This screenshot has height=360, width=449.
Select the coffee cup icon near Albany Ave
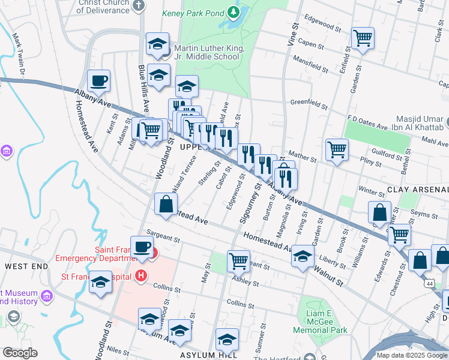point(98,80)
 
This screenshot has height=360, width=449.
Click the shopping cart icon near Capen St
point(363,38)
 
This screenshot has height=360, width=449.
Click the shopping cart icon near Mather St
point(337,149)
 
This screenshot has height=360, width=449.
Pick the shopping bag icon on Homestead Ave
point(165,204)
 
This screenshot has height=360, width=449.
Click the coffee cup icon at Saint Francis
point(142,247)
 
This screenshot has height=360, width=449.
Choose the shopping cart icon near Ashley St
point(238,260)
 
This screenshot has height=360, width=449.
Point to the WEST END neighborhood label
point(26,265)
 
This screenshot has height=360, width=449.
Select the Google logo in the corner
point(20,353)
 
